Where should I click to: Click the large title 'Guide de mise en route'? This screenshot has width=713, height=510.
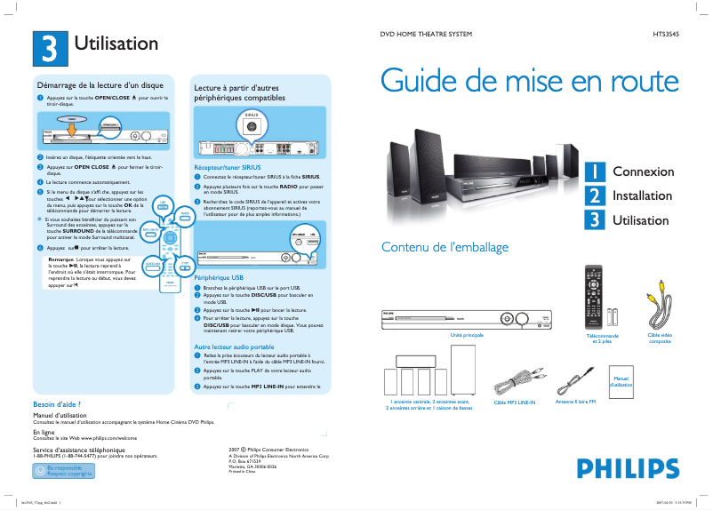(x=529, y=81)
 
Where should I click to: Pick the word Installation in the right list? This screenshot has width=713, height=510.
(x=642, y=195)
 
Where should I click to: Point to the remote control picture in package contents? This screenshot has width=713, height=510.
(x=597, y=298)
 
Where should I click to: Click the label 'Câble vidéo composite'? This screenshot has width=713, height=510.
(x=660, y=339)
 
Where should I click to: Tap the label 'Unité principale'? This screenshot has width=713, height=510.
(x=467, y=335)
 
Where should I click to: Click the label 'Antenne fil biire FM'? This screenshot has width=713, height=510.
(x=575, y=402)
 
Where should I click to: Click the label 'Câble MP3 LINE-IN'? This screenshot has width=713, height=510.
(x=515, y=402)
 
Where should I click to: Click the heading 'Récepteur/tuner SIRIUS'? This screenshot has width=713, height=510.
(x=228, y=166)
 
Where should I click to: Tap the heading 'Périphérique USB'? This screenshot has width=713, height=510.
(x=219, y=278)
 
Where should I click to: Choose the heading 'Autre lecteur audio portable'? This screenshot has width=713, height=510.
(x=234, y=347)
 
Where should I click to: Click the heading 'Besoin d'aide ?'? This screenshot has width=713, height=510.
(x=57, y=404)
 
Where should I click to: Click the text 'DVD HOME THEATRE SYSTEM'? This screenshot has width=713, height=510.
(x=426, y=35)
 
